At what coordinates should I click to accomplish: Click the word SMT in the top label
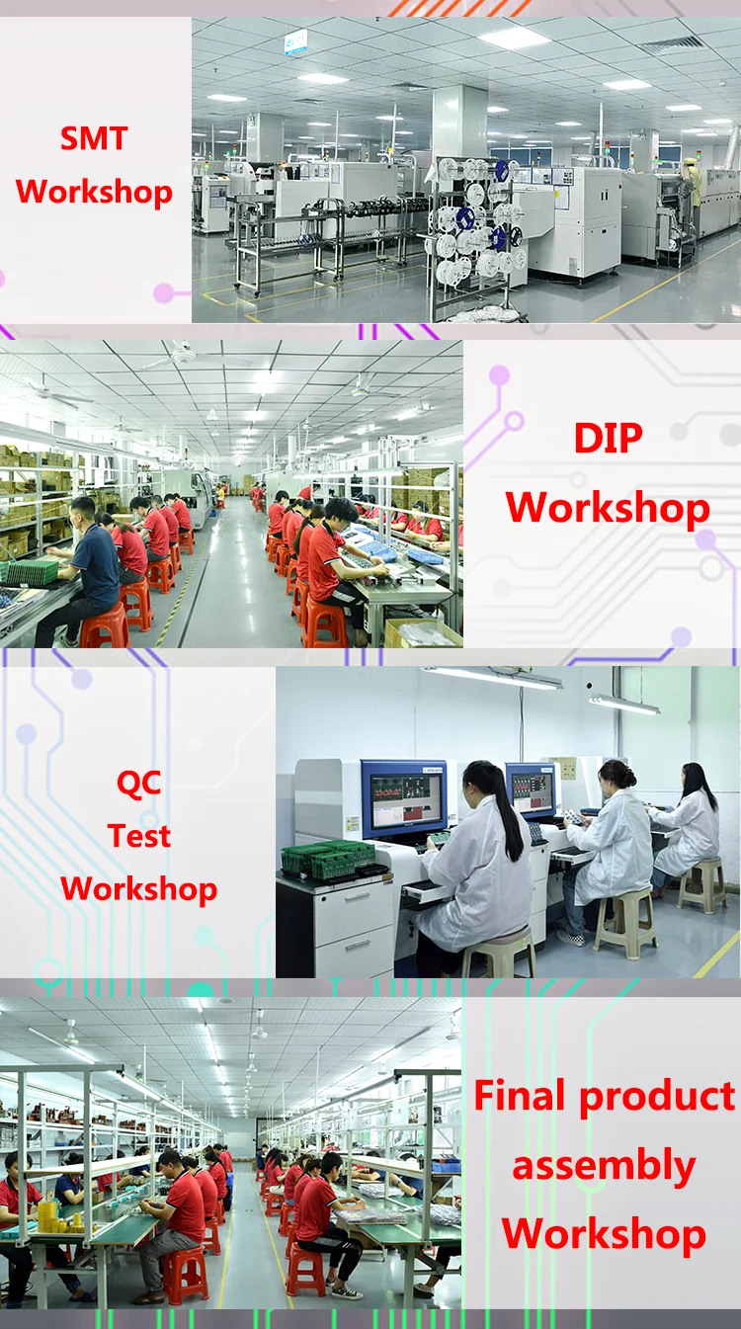(94, 138)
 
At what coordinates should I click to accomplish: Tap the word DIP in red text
(608, 439)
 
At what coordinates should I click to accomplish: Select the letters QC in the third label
(139, 784)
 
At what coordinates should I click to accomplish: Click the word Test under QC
(139, 835)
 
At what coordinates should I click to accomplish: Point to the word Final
(519, 1095)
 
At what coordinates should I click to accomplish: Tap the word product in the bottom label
(657, 1097)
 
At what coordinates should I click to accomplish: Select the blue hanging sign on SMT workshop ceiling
(295, 42)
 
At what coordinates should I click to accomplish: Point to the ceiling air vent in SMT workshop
(678, 45)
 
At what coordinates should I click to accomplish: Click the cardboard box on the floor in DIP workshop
(423, 632)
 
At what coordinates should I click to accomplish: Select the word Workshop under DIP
(608, 509)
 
